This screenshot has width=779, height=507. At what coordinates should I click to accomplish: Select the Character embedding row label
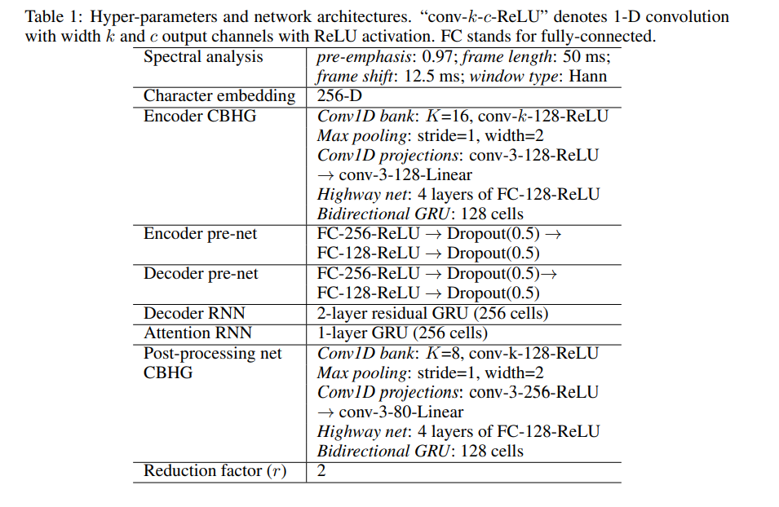coord(219,96)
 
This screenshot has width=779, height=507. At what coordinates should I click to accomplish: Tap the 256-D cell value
coord(340,96)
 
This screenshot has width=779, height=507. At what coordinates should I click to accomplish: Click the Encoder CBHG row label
coord(200,117)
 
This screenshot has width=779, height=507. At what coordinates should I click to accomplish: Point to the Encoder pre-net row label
coord(200,235)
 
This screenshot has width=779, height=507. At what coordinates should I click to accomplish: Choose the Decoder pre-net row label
coord(201,274)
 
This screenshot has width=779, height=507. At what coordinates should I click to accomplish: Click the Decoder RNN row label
coord(194,313)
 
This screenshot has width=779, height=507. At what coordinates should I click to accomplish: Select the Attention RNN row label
coord(197,333)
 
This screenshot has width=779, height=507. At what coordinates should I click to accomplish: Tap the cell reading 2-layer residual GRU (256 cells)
coord(432,314)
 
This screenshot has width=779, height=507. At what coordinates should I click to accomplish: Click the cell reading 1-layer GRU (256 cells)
coord(402,333)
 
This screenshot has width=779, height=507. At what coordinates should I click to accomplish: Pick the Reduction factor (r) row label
coord(215,471)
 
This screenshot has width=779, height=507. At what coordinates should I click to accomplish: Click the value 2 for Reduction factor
coord(321,470)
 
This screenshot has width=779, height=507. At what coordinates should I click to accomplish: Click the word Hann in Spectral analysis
coord(588,77)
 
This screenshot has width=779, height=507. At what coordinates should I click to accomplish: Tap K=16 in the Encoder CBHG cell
coord(447,117)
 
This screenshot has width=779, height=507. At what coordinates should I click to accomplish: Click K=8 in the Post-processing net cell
coord(443,353)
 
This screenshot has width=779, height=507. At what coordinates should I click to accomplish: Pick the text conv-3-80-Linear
coord(401,412)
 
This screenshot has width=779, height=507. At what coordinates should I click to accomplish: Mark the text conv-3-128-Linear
coord(405,175)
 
